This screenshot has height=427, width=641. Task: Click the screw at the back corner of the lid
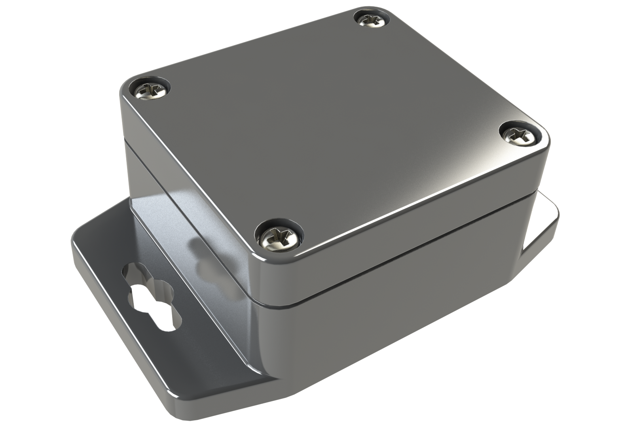(x=368, y=19)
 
